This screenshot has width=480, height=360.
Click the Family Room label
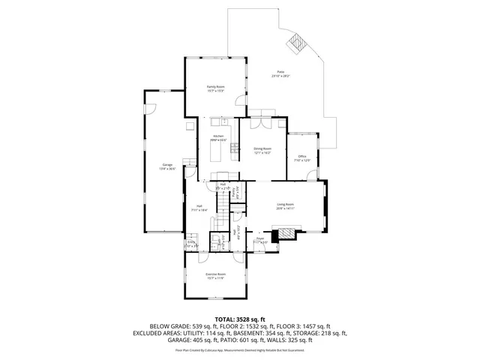[216, 88]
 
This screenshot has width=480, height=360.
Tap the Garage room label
[167, 166]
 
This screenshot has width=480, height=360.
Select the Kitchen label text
[217, 137]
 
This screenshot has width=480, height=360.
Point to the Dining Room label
[262, 150]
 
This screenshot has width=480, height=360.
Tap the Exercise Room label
[216, 275]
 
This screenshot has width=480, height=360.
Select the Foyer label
[260, 241]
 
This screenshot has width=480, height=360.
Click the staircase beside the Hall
[223, 203]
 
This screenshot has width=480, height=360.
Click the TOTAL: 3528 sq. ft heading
[239, 318]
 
